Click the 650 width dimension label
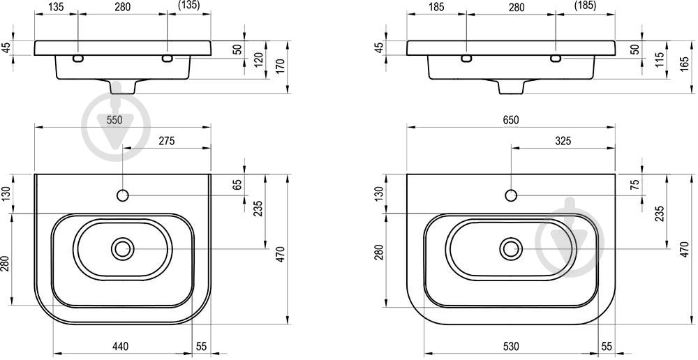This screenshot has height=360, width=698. [x=511, y=120]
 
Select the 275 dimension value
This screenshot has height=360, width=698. [x=167, y=141]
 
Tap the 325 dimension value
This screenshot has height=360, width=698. [x=563, y=141]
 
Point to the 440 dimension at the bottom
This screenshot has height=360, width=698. [x=120, y=346]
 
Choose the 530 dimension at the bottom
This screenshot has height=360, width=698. [x=511, y=346]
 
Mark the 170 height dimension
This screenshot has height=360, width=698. [x=281, y=66]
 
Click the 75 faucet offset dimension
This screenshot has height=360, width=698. [x=635, y=183]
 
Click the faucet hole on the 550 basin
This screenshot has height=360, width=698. [x=122, y=195]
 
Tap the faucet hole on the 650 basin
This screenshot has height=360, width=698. [x=511, y=195]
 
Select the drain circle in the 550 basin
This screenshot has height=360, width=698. [x=122, y=249]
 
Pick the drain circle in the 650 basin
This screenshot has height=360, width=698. [x=511, y=249]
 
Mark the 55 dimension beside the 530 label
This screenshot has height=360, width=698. [x=607, y=346]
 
